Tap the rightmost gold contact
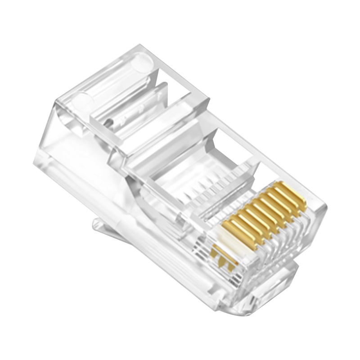click(292, 194)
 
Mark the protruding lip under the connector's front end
click(274, 283)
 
